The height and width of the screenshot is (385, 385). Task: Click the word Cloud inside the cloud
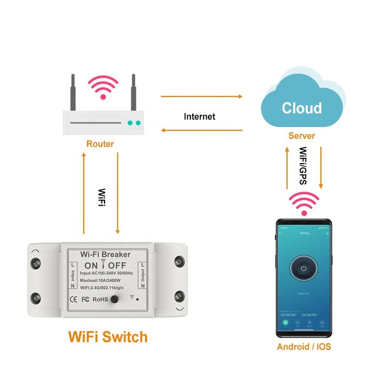[301, 108]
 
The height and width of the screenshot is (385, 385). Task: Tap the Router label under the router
[100, 143]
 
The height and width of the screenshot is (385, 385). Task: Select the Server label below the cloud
[301, 136]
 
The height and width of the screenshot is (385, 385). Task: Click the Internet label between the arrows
[200, 116]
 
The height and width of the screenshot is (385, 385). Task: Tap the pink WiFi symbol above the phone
[303, 203]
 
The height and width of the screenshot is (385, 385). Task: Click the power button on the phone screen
[303, 268]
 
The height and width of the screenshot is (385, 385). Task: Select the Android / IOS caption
[304, 346]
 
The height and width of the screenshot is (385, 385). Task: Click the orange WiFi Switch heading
[108, 336]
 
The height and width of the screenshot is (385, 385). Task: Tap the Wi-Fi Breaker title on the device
[105, 254]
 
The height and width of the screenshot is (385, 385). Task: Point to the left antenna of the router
[73, 91]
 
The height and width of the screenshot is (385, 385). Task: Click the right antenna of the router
[133, 91]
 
